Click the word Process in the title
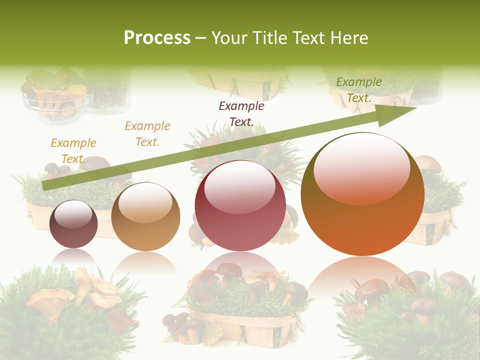[x=157, y=38]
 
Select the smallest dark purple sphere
[x=74, y=224]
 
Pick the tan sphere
[x=145, y=217]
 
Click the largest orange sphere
[x=362, y=195]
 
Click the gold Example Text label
[x=73, y=151]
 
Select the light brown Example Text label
[x=147, y=134]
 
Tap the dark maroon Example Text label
[x=241, y=113]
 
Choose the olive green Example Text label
[x=358, y=90]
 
